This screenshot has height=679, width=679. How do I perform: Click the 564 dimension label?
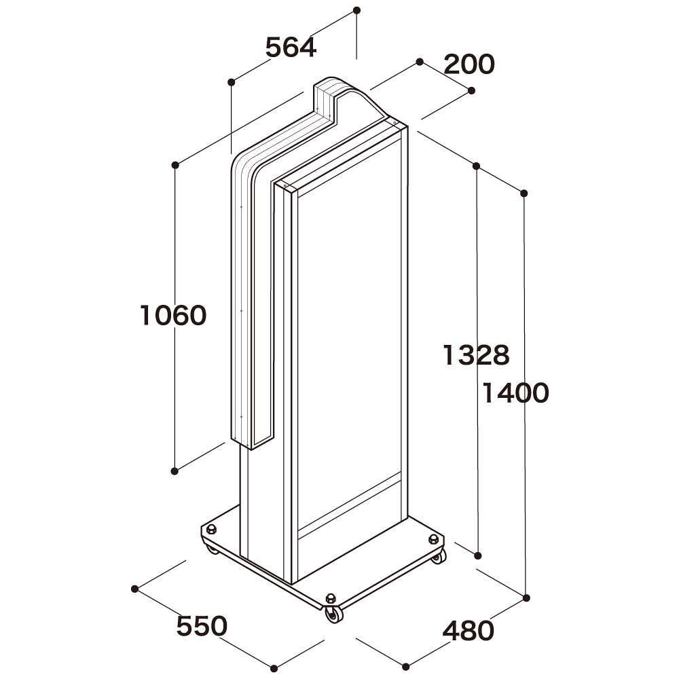[x=291, y=48]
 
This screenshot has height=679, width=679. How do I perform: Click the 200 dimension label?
[x=469, y=65]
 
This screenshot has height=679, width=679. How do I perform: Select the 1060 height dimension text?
[x=173, y=316]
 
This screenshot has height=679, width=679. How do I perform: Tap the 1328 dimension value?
[x=475, y=354]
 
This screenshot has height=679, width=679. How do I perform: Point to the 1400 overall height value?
[x=515, y=393]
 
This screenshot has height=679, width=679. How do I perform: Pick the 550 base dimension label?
[x=202, y=626]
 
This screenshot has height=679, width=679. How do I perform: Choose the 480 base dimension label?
[x=469, y=631]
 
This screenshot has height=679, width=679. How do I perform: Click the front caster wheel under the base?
[x=333, y=614]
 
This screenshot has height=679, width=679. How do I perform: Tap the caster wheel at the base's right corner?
[x=439, y=557]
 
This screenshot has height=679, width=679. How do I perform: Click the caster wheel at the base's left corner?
[x=213, y=547]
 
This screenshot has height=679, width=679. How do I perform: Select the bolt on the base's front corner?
[x=331, y=598]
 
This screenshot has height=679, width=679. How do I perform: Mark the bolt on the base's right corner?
[x=433, y=540]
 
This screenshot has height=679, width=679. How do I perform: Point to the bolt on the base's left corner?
[x=211, y=530]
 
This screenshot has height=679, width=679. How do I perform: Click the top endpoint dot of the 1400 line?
[x=524, y=194]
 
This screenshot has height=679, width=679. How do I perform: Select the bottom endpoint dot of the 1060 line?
[x=175, y=470]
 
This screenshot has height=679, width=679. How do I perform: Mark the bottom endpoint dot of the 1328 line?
[x=478, y=555]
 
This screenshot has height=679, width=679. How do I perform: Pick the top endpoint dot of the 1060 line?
[x=175, y=164]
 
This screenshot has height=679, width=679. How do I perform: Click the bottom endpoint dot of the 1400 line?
[x=527, y=598]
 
